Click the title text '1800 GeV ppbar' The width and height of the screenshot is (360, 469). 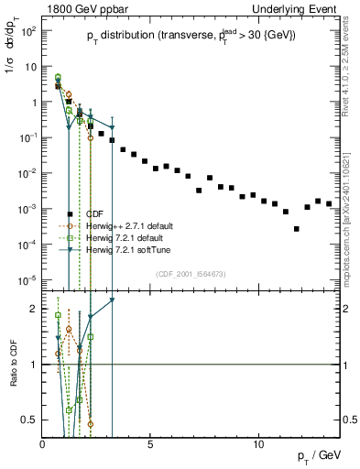pyautogui.click(x=79, y=8)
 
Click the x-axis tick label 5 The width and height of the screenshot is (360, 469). pyautogui.click(x=150, y=443)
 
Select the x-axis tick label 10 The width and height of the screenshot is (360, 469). pyautogui.click(x=258, y=443)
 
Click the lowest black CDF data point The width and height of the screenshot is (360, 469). pyautogui.click(x=296, y=229)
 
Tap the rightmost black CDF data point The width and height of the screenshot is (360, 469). pyautogui.click(x=328, y=203)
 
